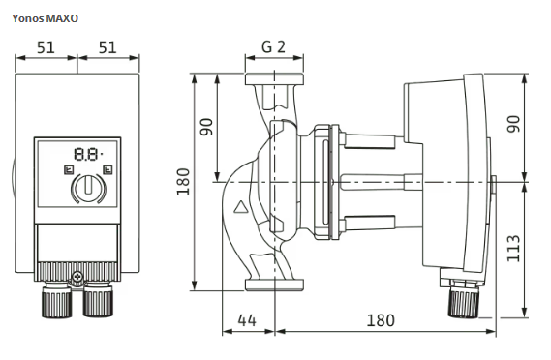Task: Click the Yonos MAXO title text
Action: tap(45, 18)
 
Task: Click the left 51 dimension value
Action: tap(46, 47)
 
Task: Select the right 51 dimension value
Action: tap(107, 47)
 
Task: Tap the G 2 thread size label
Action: tap(273, 46)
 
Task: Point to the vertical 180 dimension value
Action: tap(183, 182)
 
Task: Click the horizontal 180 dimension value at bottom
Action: tap(381, 320)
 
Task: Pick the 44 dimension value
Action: tap(247, 320)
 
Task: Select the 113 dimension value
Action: tap(513, 249)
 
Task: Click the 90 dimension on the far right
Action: tap(513, 124)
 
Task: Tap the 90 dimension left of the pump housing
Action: tap(206, 127)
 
